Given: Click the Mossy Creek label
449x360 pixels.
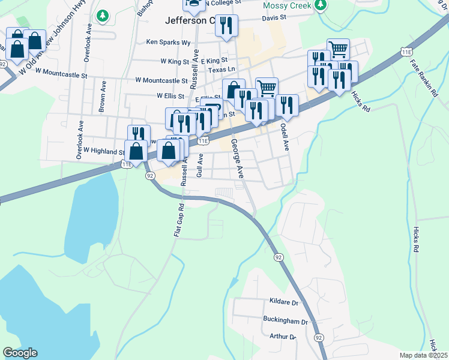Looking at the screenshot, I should [288, 5].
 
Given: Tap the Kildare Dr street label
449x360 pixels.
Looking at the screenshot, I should [283, 303].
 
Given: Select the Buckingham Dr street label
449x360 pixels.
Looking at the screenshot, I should [285, 322].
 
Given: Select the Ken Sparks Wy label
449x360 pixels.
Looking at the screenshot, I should [169, 43].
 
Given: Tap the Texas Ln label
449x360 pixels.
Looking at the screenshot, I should [220, 70].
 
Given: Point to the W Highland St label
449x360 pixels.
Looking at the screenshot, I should [103, 151].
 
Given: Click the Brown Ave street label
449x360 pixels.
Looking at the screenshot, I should [103, 96].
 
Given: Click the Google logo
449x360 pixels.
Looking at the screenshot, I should [20, 353].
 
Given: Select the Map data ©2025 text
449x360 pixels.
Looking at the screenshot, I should [423, 355].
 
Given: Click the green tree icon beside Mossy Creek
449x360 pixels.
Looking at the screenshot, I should [321, 5].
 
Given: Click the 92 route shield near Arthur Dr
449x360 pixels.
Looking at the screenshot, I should [318, 338].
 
